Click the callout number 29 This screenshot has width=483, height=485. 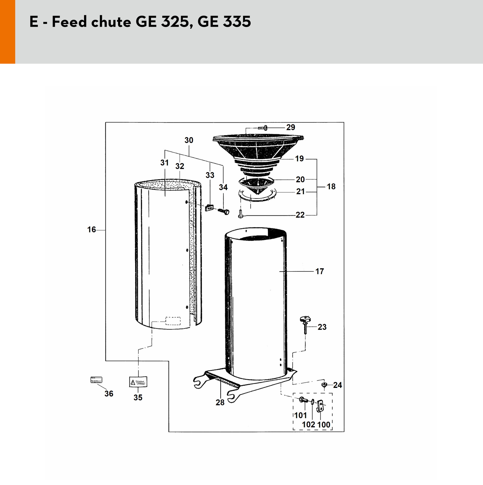(x=291, y=127)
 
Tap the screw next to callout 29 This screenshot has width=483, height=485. (x=262, y=128)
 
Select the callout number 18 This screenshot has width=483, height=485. (x=331, y=186)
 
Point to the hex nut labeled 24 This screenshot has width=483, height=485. (x=324, y=385)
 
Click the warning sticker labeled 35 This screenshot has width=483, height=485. (x=138, y=382)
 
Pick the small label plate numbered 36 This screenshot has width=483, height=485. (x=96, y=380)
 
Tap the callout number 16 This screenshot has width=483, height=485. (x=92, y=229)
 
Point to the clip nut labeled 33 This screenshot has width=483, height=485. (x=209, y=208)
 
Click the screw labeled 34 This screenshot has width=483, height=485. (x=223, y=211)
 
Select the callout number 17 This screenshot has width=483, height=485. (x=320, y=271)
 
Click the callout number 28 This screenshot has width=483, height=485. (x=220, y=402)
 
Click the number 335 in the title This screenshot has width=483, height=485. (x=237, y=22)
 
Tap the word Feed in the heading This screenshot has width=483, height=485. (x=69, y=22)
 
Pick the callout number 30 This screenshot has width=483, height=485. (x=189, y=140)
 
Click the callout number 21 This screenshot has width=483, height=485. (x=301, y=192)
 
